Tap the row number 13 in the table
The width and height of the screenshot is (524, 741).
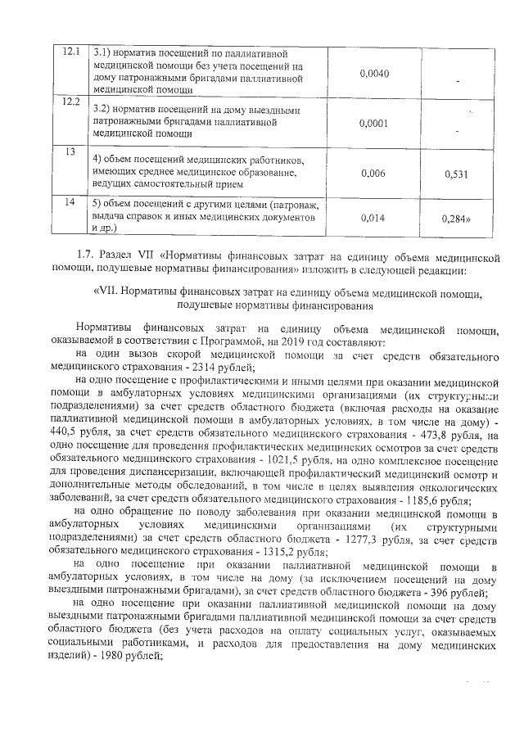point(70,151)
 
